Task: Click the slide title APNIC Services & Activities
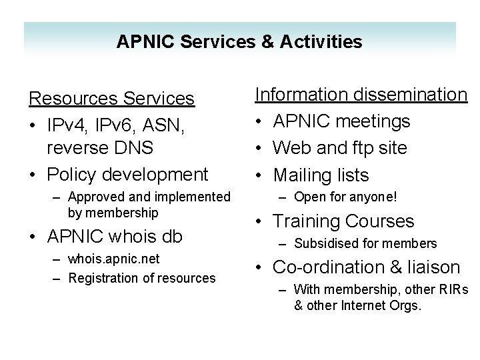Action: point(239,42)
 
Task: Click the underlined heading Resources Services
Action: point(111,99)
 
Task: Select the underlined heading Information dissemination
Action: point(362,95)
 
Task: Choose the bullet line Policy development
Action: point(127,174)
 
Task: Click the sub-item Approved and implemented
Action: point(149,197)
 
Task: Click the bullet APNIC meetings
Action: point(341,121)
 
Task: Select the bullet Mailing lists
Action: point(321,175)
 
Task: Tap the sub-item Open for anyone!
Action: point(345,197)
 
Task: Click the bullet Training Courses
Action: point(343,221)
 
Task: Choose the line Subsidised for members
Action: point(365,243)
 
